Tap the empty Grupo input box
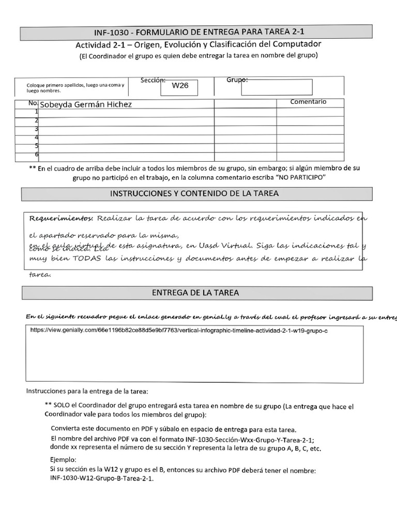pos(277,87)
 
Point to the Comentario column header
pos(308,102)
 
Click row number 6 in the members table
pos(37,154)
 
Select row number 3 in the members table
pos(37,129)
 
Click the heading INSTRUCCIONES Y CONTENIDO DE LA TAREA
pos(195,194)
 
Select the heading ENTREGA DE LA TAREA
pos(195,293)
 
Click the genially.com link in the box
pos(179,330)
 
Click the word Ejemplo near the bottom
pos(63,460)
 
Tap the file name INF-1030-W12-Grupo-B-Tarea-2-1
pos(102,478)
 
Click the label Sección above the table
pos(152,80)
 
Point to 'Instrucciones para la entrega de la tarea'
pos(87,391)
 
